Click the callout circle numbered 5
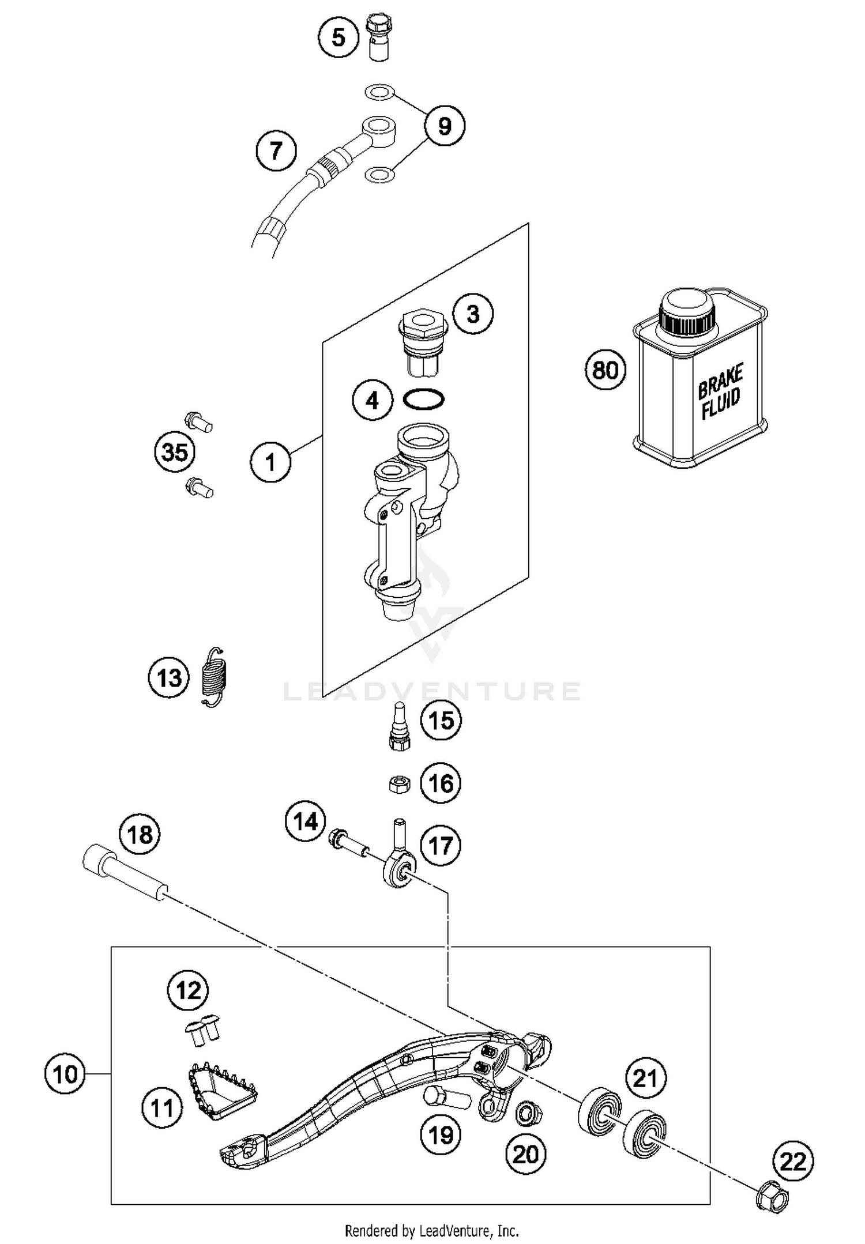(x=339, y=37)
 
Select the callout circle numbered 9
(x=444, y=126)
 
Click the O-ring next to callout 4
(x=424, y=399)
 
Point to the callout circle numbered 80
(x=605, y=370)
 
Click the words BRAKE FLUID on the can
(x=720, y=391)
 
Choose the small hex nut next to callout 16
(x=398, y=784)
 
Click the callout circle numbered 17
(x=441, y=846)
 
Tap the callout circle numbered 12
(x=188, y=990)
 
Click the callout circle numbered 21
(x=645, y=1077)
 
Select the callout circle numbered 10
(x=65, y=1073)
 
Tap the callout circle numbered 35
(x=175, y=452)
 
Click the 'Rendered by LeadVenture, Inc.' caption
(x=431, y=1231)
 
